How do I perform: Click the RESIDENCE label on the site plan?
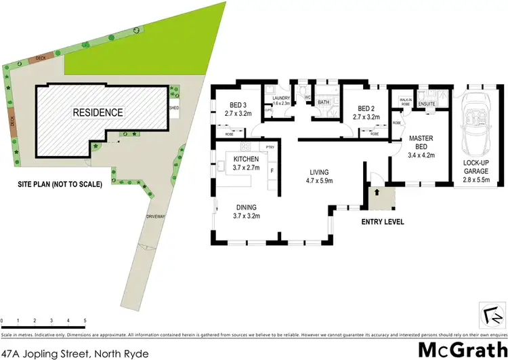(99, 113)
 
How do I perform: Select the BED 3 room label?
(238, 109)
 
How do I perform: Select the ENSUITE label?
(427, 104)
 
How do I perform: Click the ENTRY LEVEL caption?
(383, 222)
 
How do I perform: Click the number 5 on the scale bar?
(85, 320)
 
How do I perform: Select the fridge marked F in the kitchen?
(272, 171)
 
